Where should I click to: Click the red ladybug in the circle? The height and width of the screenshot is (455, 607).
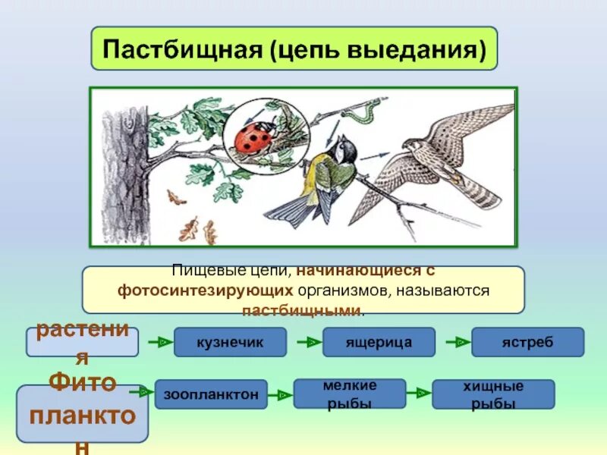click(x=254, y=140)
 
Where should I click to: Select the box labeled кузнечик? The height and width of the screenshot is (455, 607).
click(x=230, y=343)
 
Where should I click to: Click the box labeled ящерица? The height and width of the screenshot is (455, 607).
click(x=379, y=343)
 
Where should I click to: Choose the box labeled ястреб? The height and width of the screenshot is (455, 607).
click(x=527, y=343)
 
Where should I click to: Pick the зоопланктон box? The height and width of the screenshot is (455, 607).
click(x=211, y=394)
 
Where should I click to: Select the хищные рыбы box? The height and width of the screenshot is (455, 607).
click(x=493, y=394)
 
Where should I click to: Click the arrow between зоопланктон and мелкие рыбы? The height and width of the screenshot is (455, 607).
click(x=281, y=394)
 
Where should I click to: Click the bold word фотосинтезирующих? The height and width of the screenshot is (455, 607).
click(x=205, y=290)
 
